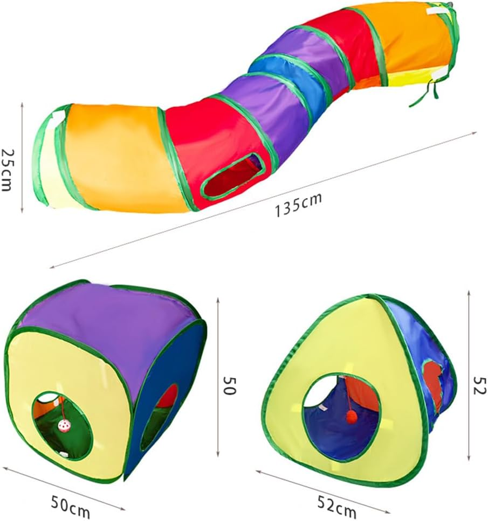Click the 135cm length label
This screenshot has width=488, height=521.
(298, 205)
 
